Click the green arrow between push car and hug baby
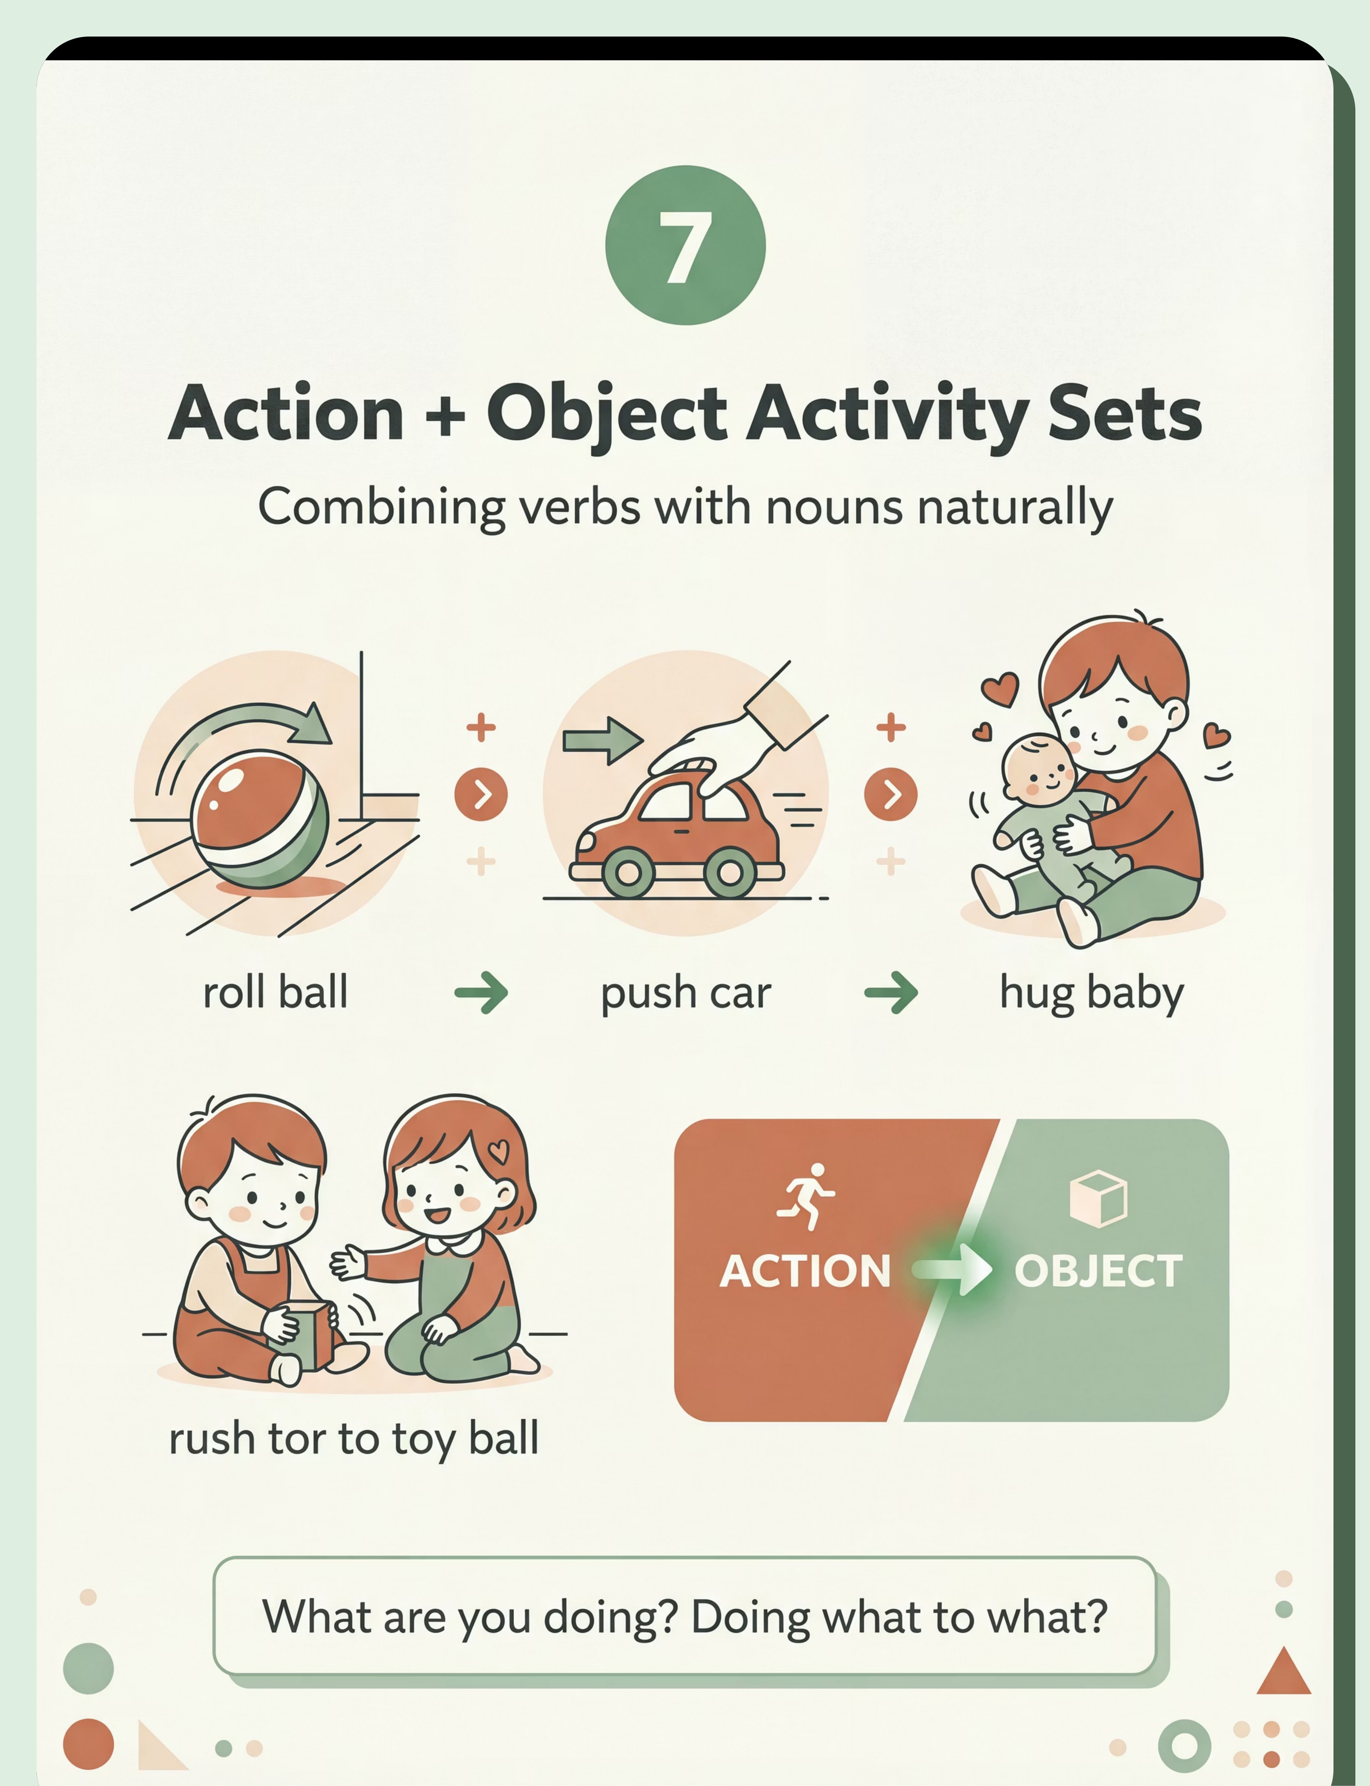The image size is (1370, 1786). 891,993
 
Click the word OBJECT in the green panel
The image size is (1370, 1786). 1099,1271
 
